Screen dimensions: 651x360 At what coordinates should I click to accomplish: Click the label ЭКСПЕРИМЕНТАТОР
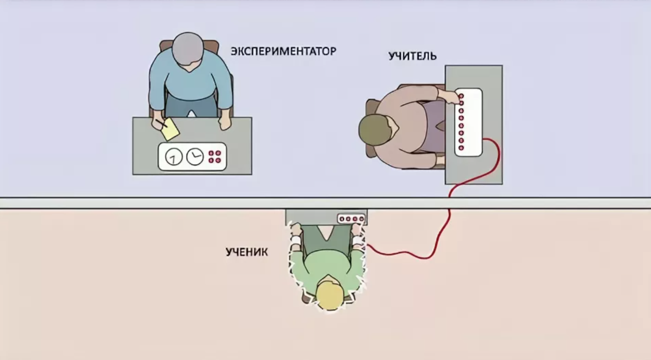click(283, 51)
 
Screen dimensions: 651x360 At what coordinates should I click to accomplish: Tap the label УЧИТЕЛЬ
click(412, 55)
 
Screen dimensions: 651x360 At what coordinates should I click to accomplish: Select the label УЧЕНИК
click(247, 252)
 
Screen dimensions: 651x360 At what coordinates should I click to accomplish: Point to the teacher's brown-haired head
click(375, 130)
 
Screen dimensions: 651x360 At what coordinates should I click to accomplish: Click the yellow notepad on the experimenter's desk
click(170, 129)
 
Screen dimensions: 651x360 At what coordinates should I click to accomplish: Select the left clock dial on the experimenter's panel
click(174, 157)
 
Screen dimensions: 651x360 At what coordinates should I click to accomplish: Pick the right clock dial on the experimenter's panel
click(194, 157)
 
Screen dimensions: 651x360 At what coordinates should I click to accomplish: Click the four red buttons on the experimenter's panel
click(215, 157)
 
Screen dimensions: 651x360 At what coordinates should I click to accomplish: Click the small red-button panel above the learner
click(351, 219)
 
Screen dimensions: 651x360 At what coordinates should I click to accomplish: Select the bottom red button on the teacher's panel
click(461, 148)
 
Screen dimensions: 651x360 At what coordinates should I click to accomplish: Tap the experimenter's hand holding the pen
click(158, 124)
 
